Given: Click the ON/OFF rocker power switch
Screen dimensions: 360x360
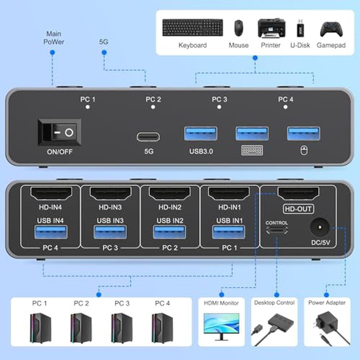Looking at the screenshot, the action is [60, 132].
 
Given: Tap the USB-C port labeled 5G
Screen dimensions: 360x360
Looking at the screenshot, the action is [148, 137].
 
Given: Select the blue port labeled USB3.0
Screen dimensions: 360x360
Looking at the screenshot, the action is [201, 134].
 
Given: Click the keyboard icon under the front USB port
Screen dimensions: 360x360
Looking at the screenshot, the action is [252, 150].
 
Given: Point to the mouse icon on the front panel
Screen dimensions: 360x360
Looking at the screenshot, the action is [304, 150].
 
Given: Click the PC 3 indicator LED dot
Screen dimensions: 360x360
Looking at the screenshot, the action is [219, 107].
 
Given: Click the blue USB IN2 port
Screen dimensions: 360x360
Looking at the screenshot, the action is [170, 232].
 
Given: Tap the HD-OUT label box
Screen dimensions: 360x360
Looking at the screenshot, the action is [298, 209].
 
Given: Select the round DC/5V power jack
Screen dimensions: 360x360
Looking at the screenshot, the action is [320, 227].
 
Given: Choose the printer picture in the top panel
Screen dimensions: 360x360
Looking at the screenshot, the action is [271, 28].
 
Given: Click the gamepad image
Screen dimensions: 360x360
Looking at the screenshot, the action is [331, 29].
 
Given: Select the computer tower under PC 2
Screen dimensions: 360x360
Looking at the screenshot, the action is [81, 328].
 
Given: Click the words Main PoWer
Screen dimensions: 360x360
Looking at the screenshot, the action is [54, 38].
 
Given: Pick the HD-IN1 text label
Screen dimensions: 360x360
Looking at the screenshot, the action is [230, 207].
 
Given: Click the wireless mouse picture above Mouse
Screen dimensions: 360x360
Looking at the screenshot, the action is [239, 28].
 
